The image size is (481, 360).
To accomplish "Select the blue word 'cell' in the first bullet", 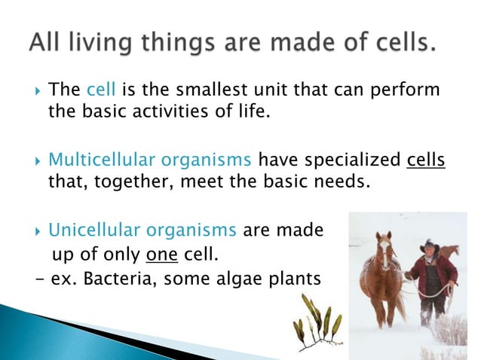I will click(100, 90).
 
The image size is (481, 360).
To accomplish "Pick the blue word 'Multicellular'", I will click(100, 160).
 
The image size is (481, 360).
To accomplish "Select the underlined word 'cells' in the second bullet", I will click(426, 160).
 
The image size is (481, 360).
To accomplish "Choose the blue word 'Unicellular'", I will click(95, 230).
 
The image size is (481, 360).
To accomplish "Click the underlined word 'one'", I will click(161, 254).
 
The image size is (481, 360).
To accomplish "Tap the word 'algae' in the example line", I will click(237, 279).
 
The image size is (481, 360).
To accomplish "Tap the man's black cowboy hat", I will click(429, 247).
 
